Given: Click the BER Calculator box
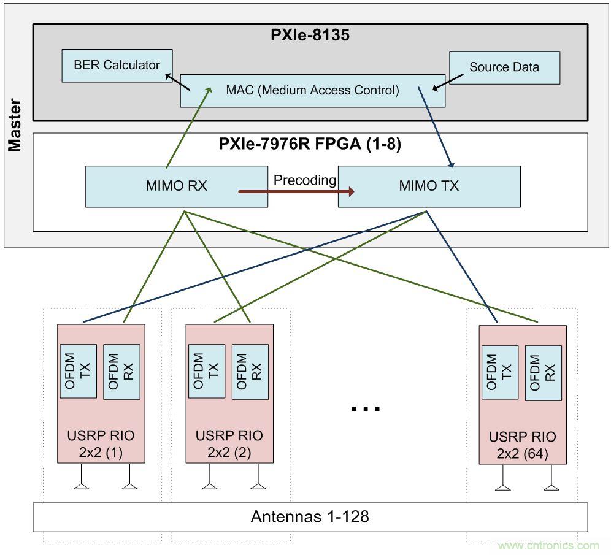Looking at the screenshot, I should pos(117,66).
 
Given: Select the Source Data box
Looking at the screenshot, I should pos(504,67).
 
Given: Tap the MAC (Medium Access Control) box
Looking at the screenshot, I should pos(312,91).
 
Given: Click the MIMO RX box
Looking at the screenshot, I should pos(176,186).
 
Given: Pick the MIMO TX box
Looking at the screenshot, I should pos(429,186).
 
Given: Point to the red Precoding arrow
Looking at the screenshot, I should pos(296,192).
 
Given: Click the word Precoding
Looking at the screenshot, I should pos(304,180).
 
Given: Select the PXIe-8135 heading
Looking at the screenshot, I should pos(310,35).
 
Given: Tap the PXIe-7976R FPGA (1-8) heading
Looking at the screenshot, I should pos(310,144).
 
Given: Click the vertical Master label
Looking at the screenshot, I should pos(15,125).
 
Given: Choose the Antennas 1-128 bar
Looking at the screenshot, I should pos(310,517).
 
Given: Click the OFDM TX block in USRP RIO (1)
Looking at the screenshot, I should pos(78,371).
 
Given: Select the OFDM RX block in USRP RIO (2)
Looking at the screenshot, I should pos(250,372).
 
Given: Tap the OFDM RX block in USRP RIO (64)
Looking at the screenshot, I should pos(543,373).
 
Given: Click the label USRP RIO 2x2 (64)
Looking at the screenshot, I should pos(522,445).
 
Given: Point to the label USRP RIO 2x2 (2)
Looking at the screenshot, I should pos(229,444).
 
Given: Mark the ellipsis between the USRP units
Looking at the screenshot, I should pos(366,408).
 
